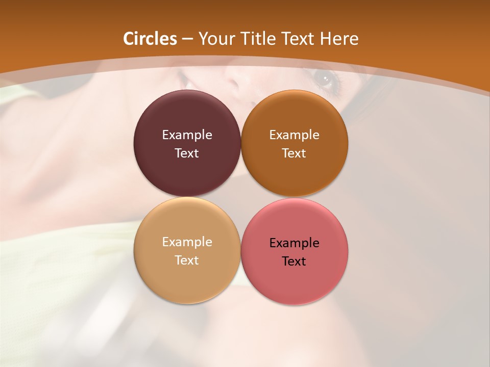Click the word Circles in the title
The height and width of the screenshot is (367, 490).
pyautogui.click(x=150, y=39)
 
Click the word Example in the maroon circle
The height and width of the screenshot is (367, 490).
pyautogui.click(x=187, y=135)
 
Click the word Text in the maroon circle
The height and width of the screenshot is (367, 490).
pyautogui.click(x=187, y=153)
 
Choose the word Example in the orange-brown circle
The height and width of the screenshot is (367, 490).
pyautogui.click(x=295, y=135)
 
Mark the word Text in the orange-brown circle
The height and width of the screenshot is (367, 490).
pyautogui.click(x=295, y=153)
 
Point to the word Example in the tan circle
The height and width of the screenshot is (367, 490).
pyautogui.click(x=187, y=242)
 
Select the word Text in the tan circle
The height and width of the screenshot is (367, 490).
pyautogui.click(x=187, y=260)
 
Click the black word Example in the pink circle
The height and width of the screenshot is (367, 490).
pyautogui.click(x=295, y=243)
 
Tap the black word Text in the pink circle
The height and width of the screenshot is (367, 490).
pyautogui.click(x=295, y=261)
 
